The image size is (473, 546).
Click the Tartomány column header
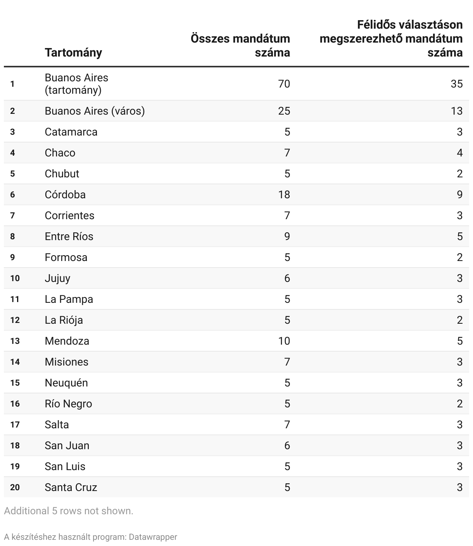73,52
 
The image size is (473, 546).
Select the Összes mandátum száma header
240,45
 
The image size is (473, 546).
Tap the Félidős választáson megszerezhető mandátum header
391,38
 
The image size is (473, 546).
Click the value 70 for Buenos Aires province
284,84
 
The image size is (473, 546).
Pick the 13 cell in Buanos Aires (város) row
457,111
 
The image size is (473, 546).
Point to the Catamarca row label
71,132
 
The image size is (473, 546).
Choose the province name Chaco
60,153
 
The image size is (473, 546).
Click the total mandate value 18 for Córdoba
284,194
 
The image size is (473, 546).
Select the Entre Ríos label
69,236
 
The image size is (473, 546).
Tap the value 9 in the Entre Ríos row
287,236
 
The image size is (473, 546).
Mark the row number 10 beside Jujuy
15,278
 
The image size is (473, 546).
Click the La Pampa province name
69,299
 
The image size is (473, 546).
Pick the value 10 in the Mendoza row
284,341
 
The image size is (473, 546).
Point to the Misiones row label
67,362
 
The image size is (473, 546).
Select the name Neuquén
66,383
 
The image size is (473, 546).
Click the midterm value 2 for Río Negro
459,403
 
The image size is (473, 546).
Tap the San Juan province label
67,445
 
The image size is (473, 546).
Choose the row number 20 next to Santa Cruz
15,487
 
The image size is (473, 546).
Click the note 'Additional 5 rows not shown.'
69,511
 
